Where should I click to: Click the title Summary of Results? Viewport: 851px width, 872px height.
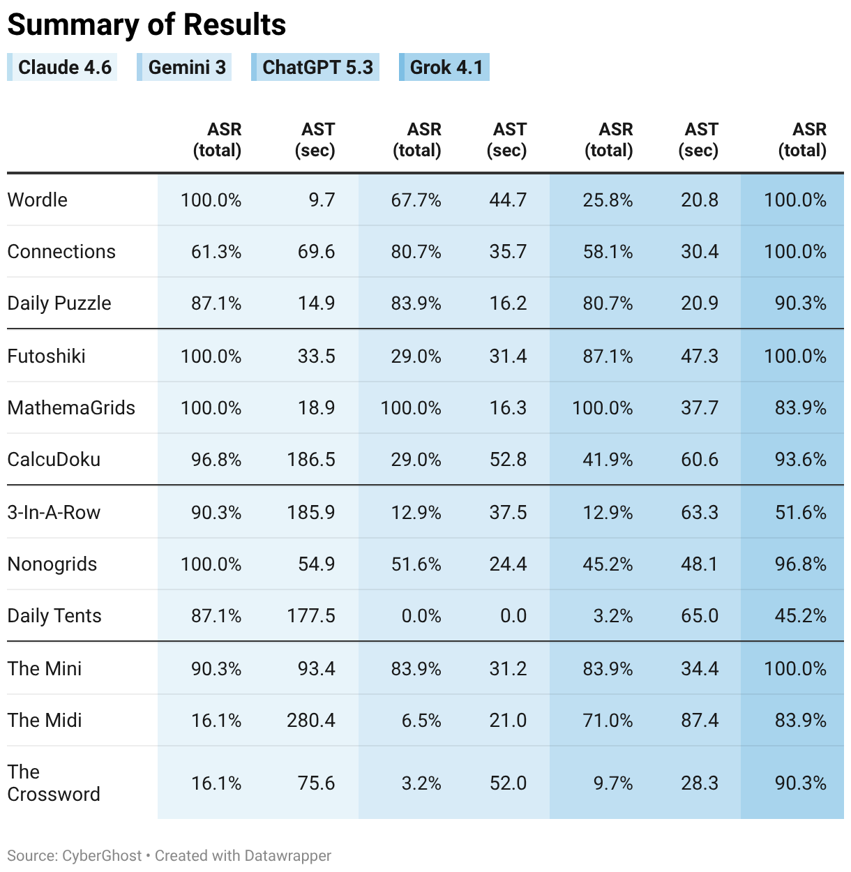click(x=146, y=24)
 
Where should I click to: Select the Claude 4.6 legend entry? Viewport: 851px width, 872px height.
click(x=62, y=67)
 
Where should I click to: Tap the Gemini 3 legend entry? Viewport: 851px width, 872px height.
click(x=184, y=67)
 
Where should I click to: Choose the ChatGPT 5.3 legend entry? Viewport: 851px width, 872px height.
click(x=315, y=67)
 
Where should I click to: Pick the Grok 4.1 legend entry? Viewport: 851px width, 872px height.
click(x=444, y=67)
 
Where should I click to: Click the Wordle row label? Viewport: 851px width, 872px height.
click(x=37, y=200)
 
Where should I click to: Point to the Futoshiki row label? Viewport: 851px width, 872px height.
click(x=46, y=356)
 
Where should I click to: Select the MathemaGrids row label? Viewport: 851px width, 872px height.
click(x=71, y=408)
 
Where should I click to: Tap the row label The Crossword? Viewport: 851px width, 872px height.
click(x=54, y=783)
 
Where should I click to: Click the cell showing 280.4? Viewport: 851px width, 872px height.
click(x=311, y=721)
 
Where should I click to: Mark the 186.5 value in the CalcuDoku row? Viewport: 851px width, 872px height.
click(x=311, y=460)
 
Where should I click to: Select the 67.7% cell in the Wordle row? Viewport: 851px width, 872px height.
click(x=416, y=200)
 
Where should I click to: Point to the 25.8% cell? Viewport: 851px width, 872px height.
click(x=608, y=200)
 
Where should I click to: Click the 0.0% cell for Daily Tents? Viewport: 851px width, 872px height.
click(x=421, y=616)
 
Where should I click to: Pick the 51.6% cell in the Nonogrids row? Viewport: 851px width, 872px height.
click(x=416, y=564)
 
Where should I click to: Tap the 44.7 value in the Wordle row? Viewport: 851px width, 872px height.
click(x=509, y=200)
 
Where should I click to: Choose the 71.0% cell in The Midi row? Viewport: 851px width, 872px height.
click(x=608, y=721)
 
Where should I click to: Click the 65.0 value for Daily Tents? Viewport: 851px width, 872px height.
click(x=700, y=616)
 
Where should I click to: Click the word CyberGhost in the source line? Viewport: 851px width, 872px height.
click(x=102, y=855)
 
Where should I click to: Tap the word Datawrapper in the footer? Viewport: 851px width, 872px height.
click(x=287, y=855)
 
